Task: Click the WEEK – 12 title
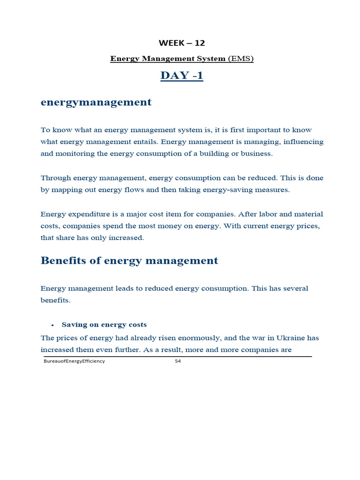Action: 182,43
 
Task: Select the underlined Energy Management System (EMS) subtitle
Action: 182,59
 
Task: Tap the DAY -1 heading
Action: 182,75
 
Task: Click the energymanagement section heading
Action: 96,102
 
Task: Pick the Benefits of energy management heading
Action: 129,261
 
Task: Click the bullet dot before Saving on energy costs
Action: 53,325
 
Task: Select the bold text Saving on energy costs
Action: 104,325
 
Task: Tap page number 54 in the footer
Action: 178,361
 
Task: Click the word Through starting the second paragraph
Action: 55,178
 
